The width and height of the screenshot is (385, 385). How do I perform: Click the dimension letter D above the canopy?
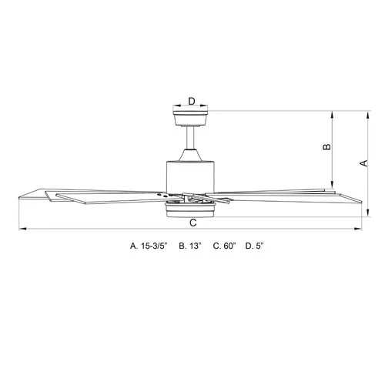(x=191, y=99)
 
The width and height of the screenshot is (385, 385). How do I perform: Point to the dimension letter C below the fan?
(x=192, y=222)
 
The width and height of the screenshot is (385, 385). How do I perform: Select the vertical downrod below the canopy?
(x=191, y=139)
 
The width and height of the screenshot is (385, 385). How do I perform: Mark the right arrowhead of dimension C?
(x=360, y=229)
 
